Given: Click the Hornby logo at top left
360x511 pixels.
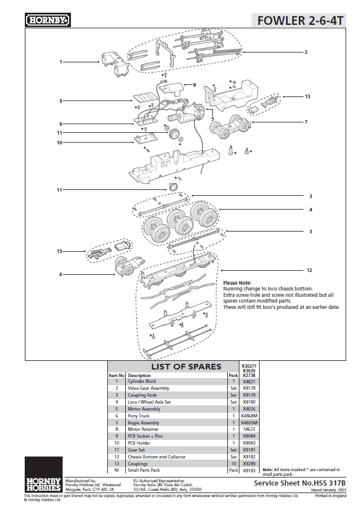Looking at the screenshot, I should pyautogui.click(x=48, y=20).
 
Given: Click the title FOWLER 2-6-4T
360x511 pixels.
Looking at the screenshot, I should pyautogui.click(x=301, y=21).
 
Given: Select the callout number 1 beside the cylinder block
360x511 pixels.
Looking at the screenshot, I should pyautogui.click(x=61, y=61).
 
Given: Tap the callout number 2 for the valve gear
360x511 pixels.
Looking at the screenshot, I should pyautogui.click(x=306, y=52).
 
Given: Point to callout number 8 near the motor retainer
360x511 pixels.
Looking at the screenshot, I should pyautogui.click(x=194, y=85).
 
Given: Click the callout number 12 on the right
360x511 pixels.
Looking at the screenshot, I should pyautogui.click(x=310, y=270).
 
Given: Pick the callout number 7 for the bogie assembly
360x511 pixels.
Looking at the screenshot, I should pyautogui.click(x=306, y=122).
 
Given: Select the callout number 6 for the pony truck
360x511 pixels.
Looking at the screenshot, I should pyautogui.click(x=61, y=274).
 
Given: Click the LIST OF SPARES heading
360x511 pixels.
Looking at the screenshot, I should pyautogui.click(x=186, y=367).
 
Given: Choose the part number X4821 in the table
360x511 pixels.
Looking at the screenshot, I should pyautogui.click(x=249, y=381).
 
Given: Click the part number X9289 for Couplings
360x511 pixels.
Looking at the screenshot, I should pyautogui.click(x=249, y=464).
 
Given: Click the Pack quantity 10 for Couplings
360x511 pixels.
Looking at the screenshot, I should pyautogui.click(x=234, y=464).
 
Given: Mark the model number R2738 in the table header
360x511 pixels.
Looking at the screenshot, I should pyautogui.click(x=249, y=375).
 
